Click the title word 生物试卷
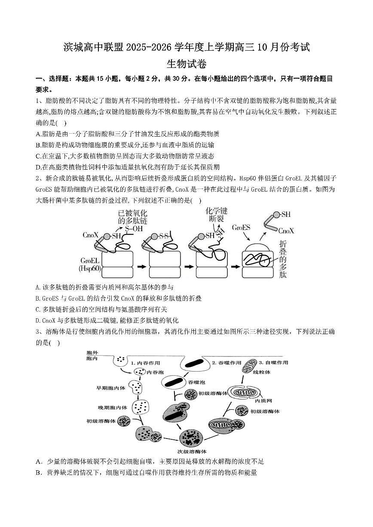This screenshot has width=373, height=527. tap(186, 64)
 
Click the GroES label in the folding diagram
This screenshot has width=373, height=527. tap(241, 227)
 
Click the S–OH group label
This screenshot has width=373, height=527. tap(133, 228)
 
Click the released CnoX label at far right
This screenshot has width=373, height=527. tap(286, 231)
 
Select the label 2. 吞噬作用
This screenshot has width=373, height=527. tap(226, 363)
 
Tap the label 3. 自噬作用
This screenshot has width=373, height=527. tap(273, 363)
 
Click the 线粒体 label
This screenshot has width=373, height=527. tap(261, 372)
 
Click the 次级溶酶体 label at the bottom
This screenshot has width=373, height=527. tap(192, 451)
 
